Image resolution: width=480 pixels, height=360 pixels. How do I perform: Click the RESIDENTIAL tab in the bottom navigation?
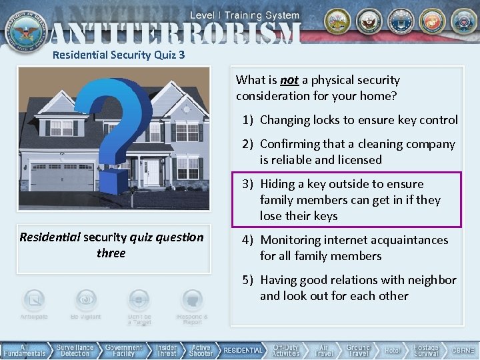click(243, 350)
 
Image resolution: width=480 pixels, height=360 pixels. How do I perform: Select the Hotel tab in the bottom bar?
click(392, 350)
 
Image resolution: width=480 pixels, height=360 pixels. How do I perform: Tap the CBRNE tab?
click(463, 350)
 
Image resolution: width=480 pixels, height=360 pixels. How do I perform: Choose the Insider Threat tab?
click(167, 350)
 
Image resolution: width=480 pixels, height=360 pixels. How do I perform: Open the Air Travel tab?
click(323, 350)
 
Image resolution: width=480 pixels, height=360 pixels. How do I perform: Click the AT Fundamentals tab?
click(25, 350)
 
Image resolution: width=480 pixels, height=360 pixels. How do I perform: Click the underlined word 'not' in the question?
click(289, 80)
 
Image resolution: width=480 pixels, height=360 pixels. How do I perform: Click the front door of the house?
click(152, 172)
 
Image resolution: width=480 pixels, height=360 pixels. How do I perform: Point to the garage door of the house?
click(63, 177)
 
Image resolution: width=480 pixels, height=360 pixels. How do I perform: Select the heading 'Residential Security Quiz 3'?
click(118, 55)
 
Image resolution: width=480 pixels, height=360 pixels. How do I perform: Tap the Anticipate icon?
click(33, 301)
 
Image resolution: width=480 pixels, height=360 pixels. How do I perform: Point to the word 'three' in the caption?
click(111, 253)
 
